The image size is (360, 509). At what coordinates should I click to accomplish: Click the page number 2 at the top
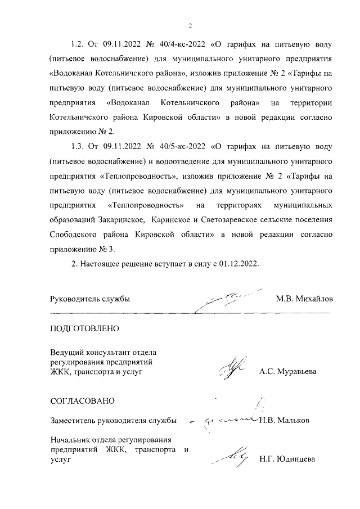[x=190, y=26]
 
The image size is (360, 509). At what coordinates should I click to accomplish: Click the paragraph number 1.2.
[x=78, y=44]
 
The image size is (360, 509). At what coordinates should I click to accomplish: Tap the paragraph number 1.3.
[x=78, y=146]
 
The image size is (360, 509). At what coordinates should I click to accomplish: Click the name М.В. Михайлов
[x=304, y=299]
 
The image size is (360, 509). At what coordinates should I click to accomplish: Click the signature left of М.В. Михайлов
[x=231, y=296]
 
